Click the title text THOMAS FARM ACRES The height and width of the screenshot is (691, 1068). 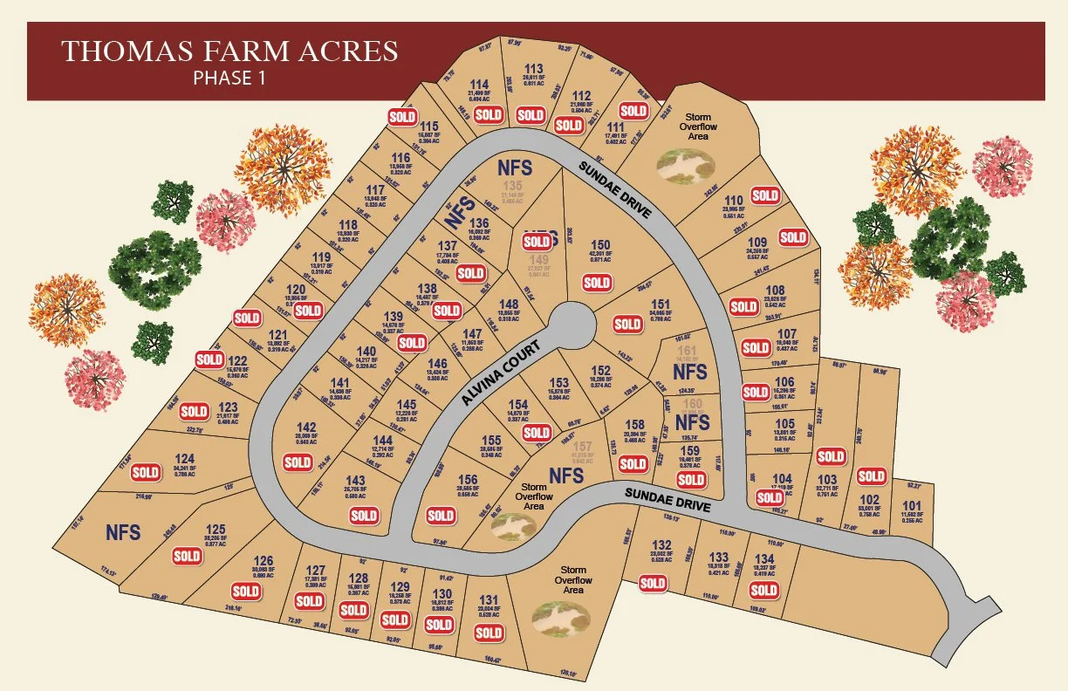click(229, 51)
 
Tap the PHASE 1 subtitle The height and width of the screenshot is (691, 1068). click(229, 78)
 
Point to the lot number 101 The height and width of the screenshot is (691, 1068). click(911, 506)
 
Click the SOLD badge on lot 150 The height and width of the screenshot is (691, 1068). click(597, 282)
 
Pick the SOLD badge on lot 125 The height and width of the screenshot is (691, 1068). click(188, 556)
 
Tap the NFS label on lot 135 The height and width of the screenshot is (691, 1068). click(515, 166)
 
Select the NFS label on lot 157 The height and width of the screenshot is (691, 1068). click(566, 475)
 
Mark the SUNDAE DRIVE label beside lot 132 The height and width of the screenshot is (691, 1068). click(668, 500)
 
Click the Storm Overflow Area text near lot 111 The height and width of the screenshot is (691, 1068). click(698, 127)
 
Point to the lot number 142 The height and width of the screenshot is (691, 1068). click(306, 427)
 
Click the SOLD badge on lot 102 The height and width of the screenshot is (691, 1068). click(871, 476)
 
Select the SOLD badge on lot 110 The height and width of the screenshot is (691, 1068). click(765, 195)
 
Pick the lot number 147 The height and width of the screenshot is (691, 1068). click(472, 334)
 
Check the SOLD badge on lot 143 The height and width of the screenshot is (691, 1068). click(364, 516)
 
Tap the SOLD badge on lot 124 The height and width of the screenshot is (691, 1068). click(145, 472)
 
